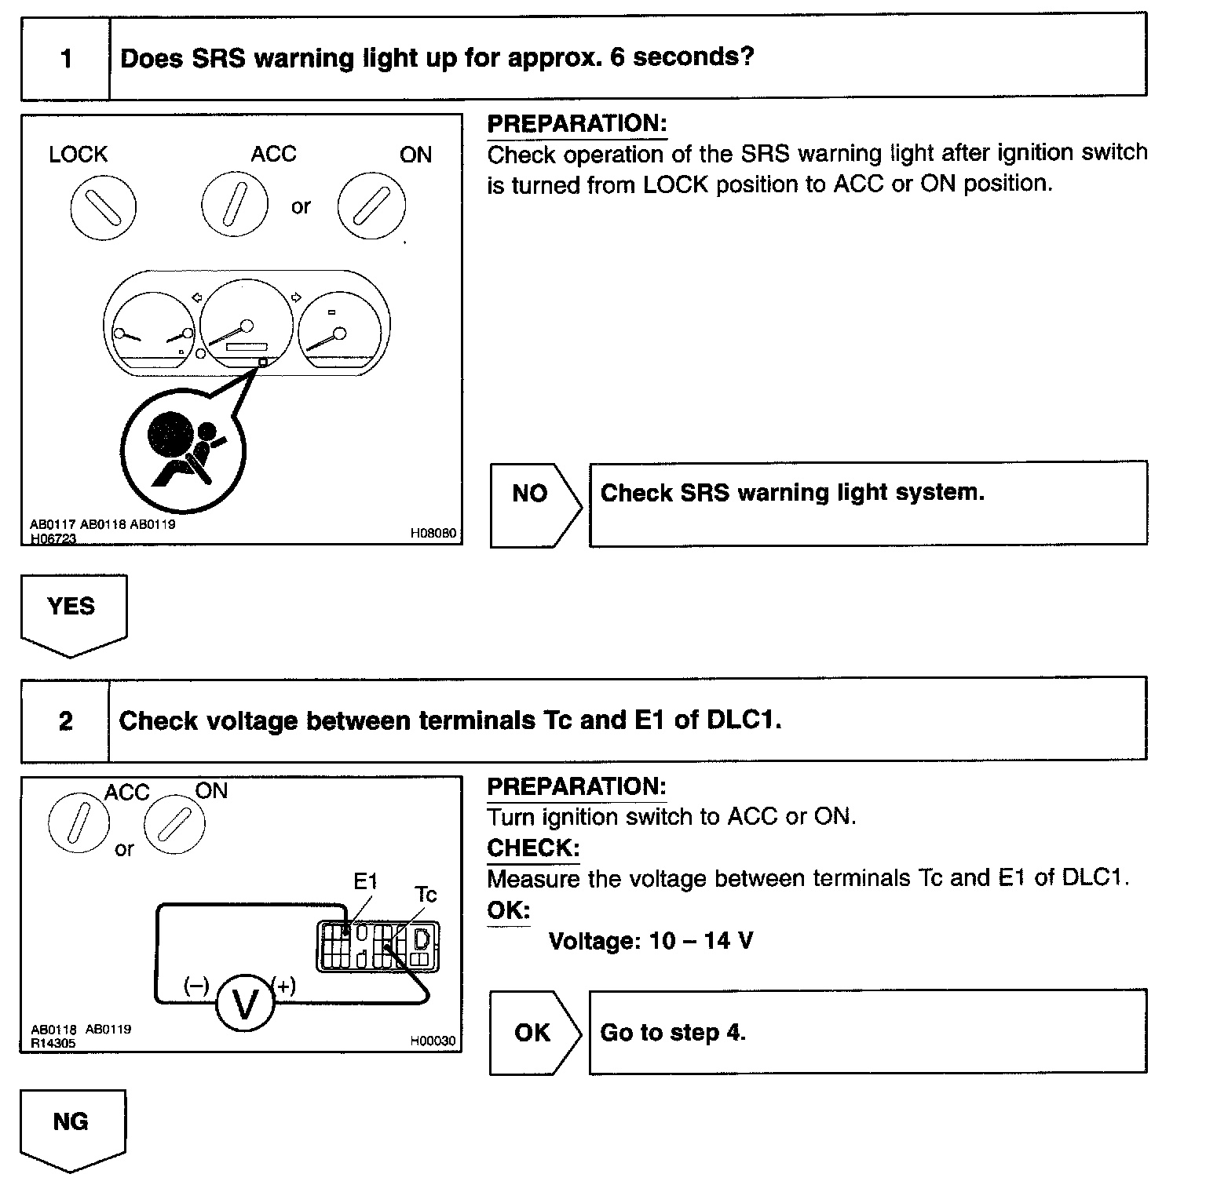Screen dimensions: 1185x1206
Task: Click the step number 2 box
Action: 66,721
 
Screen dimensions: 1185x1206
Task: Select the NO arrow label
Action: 530,494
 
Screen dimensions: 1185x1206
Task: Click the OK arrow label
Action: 532,1033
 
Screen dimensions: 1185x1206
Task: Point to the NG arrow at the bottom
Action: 71,1123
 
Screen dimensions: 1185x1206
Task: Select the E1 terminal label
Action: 366,882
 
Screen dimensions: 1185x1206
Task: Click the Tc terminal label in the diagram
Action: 426,895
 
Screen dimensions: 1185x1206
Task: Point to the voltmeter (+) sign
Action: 284,986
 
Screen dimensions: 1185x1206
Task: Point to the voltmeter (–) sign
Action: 196,986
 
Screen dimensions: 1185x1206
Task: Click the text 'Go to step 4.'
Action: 673,1033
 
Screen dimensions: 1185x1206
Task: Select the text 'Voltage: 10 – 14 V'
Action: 651,941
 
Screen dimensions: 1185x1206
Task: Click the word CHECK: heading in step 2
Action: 533,848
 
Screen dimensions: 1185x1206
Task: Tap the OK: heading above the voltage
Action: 508,910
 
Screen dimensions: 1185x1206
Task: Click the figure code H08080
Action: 433,534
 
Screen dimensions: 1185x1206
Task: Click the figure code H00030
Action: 433,1041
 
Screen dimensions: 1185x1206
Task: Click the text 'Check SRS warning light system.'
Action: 792,493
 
